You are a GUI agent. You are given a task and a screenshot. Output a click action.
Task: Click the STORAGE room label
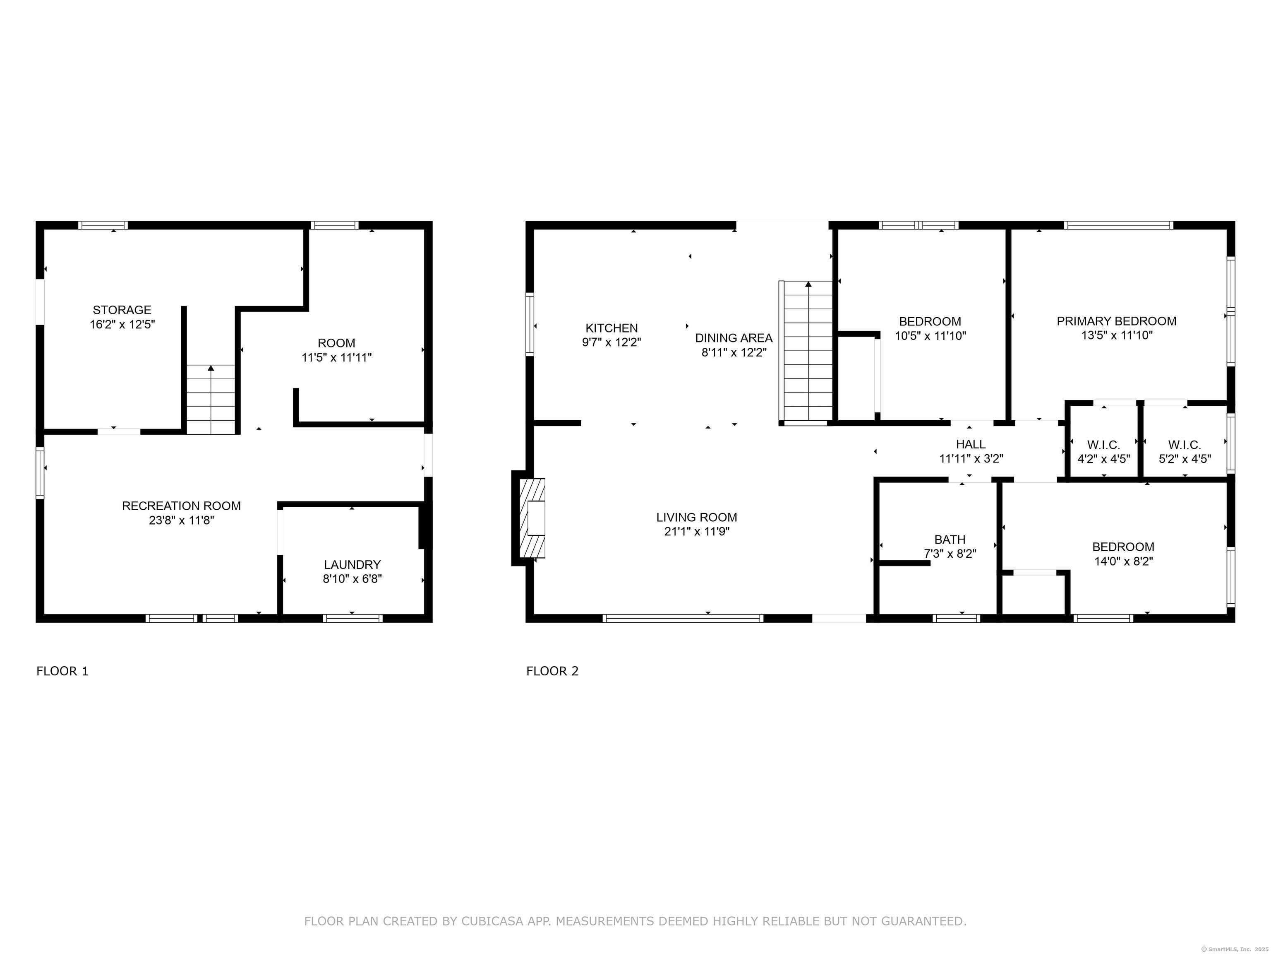[x=122, y=310]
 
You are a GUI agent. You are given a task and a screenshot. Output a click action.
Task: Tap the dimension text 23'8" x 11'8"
[x=181, y=520]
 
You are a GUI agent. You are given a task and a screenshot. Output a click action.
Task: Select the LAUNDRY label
[x=352, y=565]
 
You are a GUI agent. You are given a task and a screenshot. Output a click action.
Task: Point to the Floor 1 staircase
[x=211, y=400]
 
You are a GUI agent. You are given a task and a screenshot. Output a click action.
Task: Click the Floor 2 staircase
[x=806, y=352]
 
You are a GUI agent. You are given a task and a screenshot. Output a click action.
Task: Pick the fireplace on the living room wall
[x=529, y=518]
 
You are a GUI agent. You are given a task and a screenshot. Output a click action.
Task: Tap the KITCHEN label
[x=612, y=328]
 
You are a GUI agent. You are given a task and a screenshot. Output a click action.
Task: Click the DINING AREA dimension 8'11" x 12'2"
[x=734, y=352]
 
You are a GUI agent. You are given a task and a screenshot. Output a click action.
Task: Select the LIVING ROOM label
[x=696, y=518]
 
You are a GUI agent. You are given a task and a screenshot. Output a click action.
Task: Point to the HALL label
[x=971, y=444]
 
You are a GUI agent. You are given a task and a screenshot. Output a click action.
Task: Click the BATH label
[x=950, y=540]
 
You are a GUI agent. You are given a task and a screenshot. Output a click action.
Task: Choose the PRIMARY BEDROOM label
[x=1116, y=321]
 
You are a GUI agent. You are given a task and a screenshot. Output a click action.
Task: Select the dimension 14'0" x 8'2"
[x=1123, y=561]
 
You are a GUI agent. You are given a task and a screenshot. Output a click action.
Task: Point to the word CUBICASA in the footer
[x=492, y=921]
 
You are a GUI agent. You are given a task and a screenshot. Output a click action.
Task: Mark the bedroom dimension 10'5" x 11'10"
[x=930, y=336]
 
